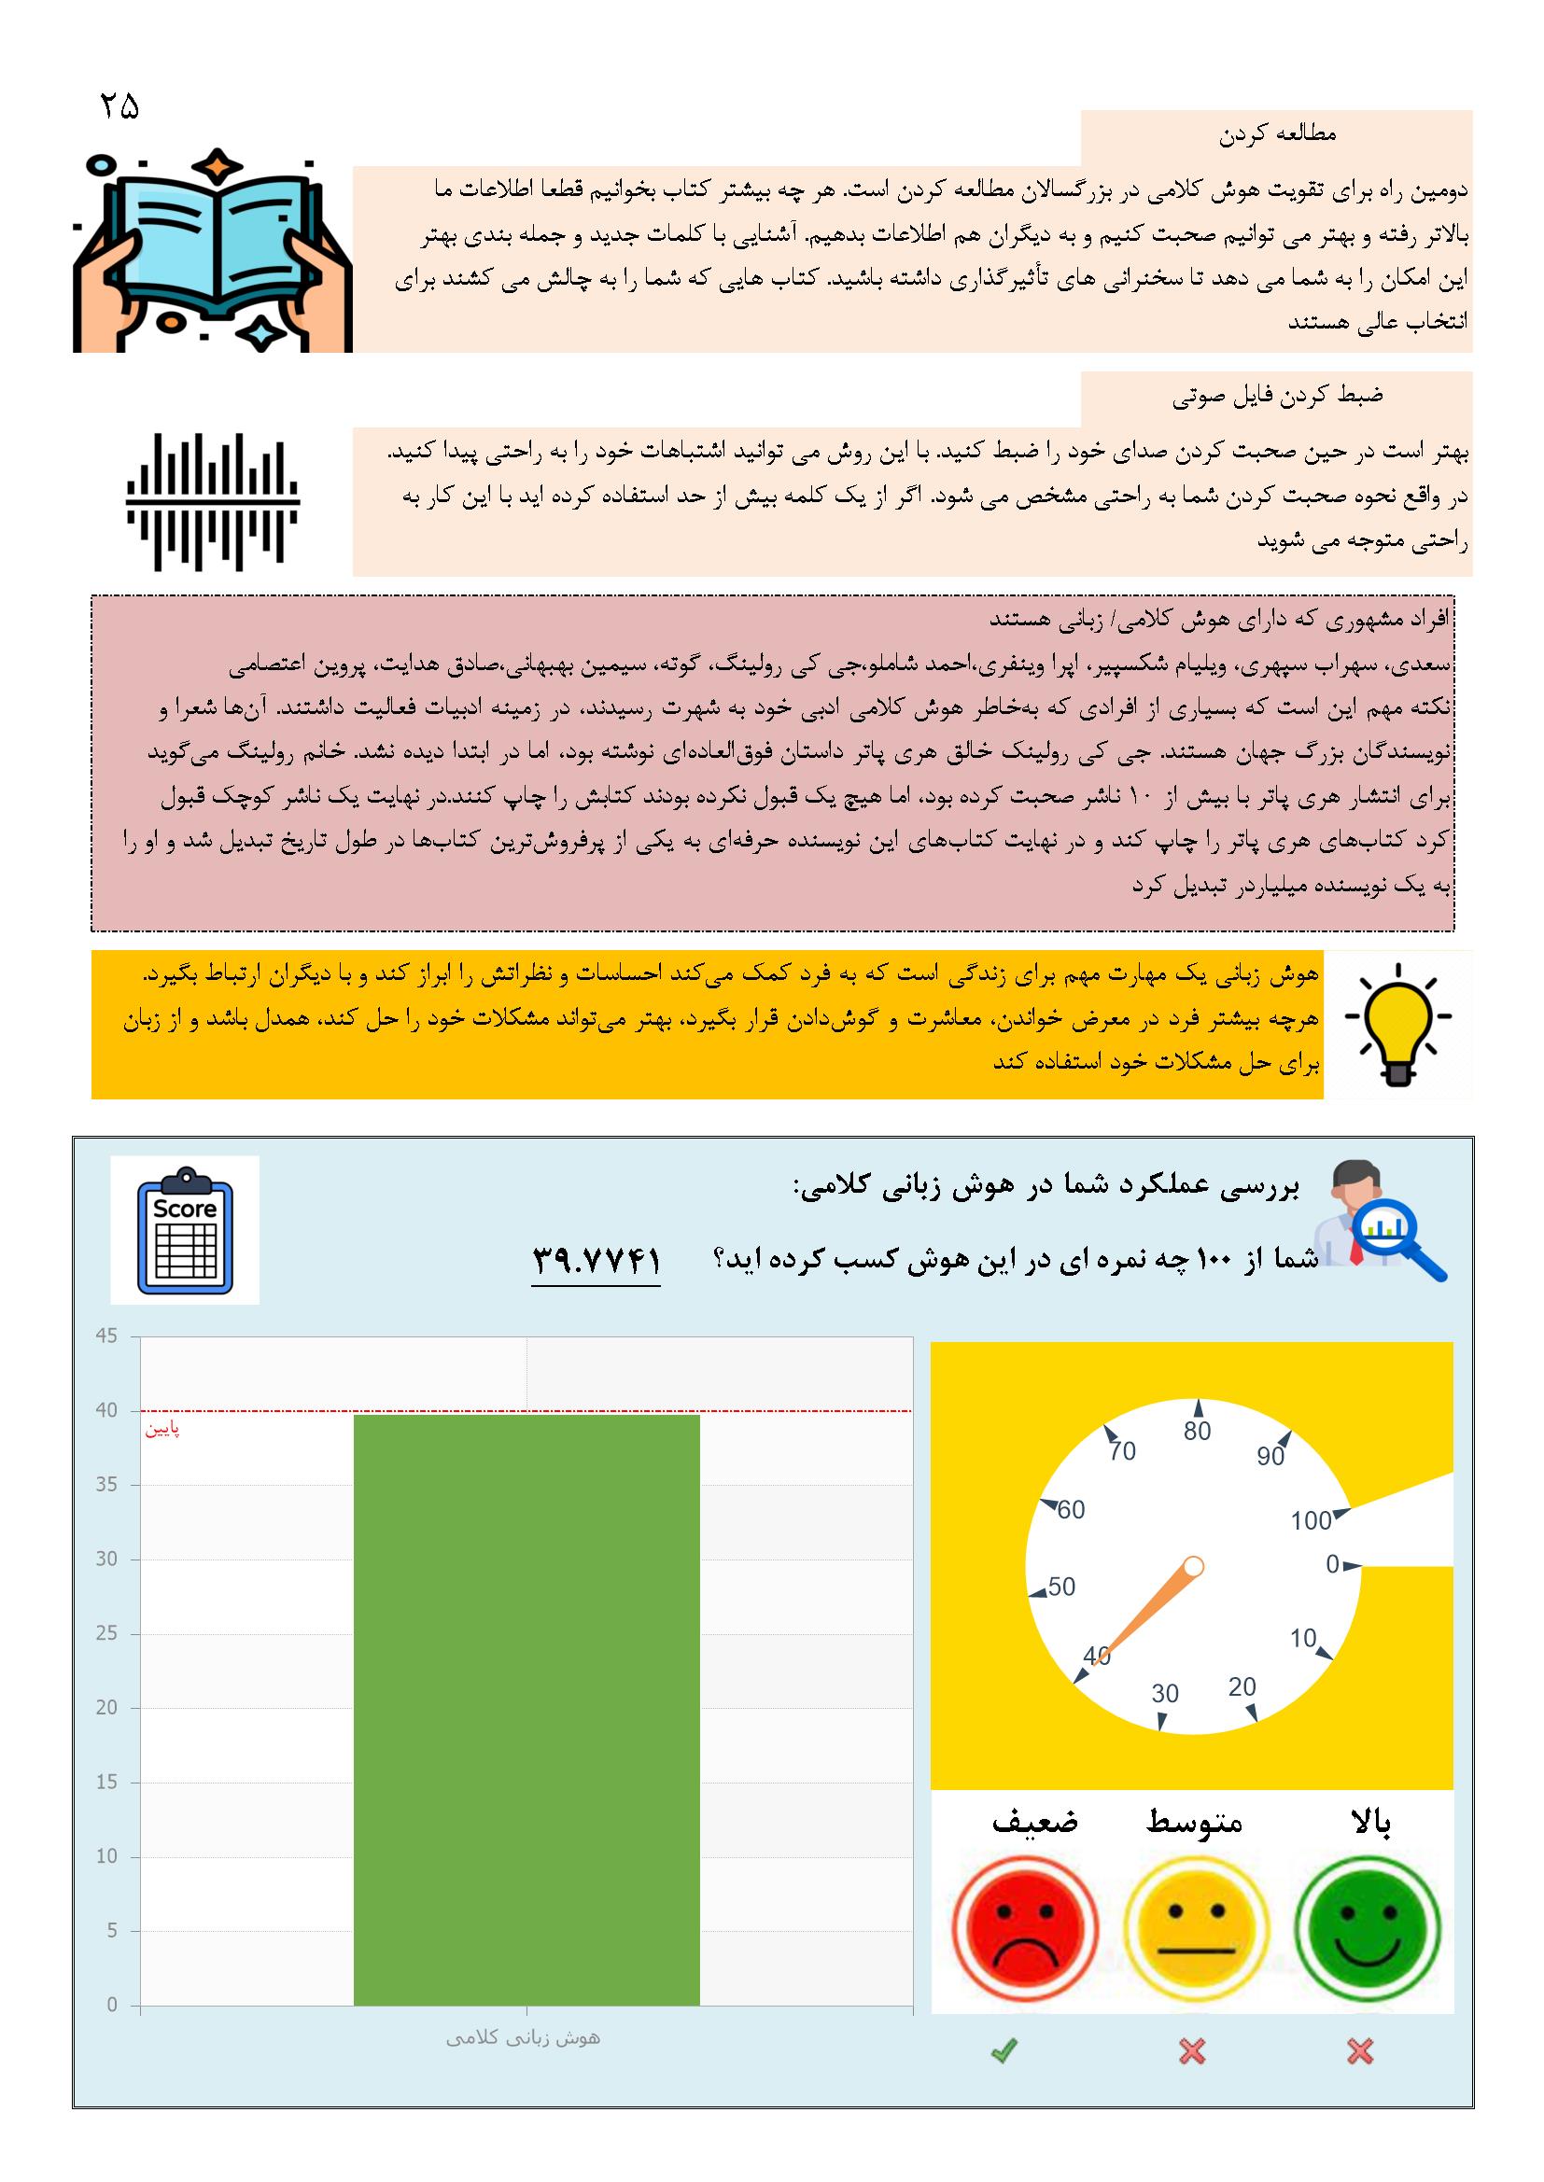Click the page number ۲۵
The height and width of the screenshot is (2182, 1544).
119,105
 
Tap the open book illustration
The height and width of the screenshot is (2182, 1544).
213,251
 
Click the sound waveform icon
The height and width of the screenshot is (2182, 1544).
213,502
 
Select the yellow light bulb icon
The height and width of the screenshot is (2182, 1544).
1397,1024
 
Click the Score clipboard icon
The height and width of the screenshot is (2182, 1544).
185,1230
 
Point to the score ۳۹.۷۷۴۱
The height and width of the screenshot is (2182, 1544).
596,1260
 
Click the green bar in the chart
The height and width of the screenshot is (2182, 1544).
526,1711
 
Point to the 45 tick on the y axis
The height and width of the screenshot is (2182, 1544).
106,1336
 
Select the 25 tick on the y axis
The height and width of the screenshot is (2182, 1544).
106,1633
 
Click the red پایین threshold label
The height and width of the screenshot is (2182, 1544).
161,1430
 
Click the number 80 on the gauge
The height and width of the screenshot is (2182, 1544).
1197,1432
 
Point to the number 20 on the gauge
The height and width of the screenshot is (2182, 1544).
1242,1685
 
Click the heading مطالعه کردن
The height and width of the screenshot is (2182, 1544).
1277,135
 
